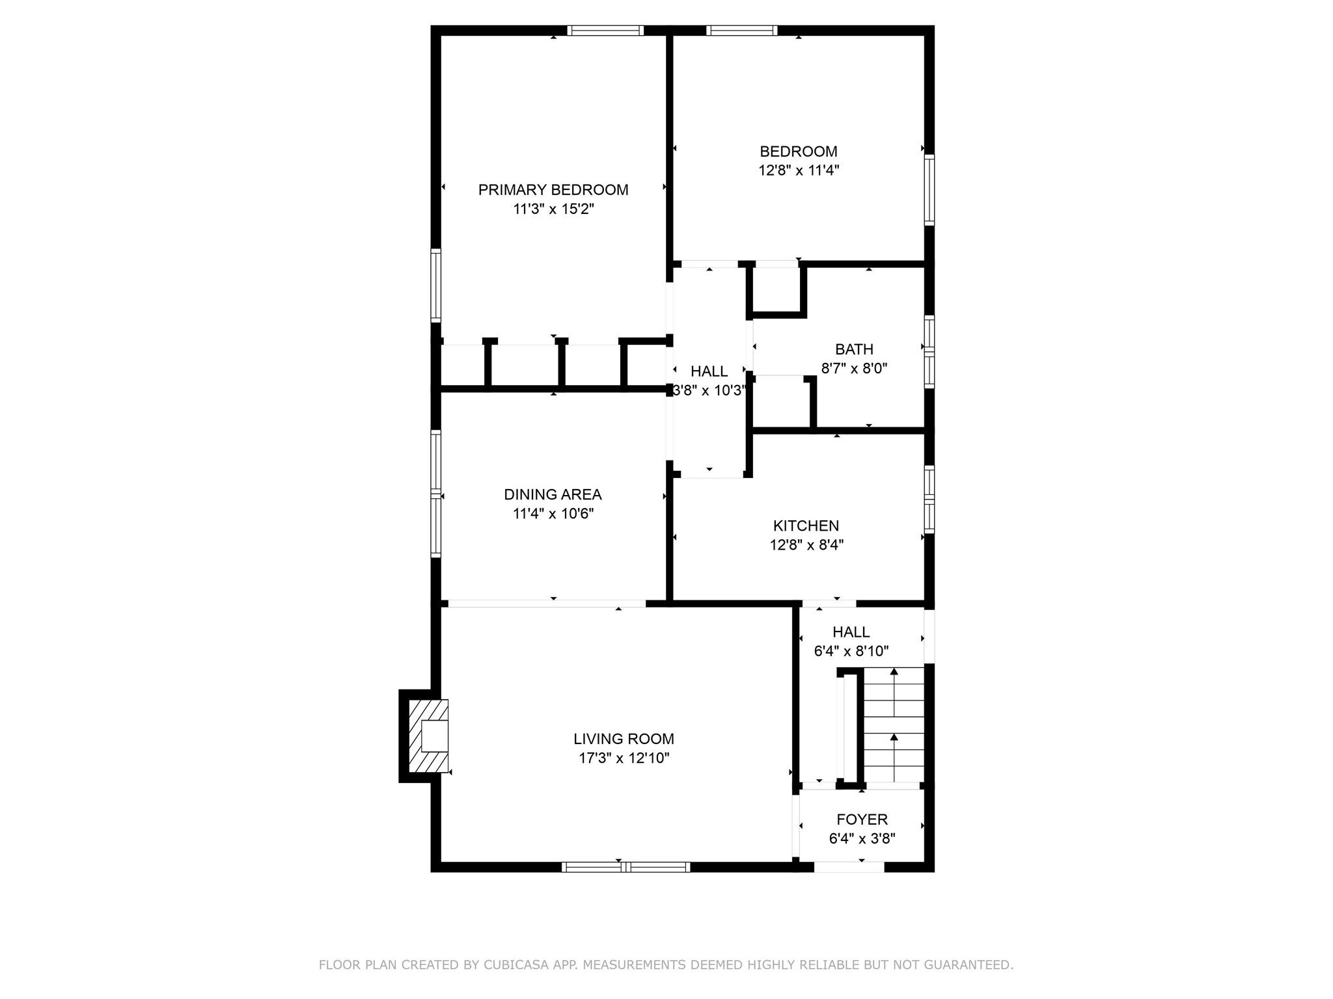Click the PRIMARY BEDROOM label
(x=553, y=190)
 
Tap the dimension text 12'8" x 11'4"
(x=798, y=170)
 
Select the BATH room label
(x=854, y=349)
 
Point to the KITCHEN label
(x=806, y=526)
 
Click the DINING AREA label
(x=553, y=494)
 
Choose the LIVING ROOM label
(x=624, y=739)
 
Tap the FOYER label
(x=862, y=819)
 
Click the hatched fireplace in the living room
(x=428, y=736)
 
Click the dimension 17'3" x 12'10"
(x=624, y=758)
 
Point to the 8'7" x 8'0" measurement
(x=854, y=369)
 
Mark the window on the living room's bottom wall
(x=625, y=866)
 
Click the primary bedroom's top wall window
(x=605, y=30)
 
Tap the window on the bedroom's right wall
(x=929, y=190)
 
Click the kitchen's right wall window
(x=929, y=499)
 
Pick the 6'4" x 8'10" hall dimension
(x=851, y=651)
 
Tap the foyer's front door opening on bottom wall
(x=849, y=866)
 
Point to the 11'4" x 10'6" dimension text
(x=553, y=514)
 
